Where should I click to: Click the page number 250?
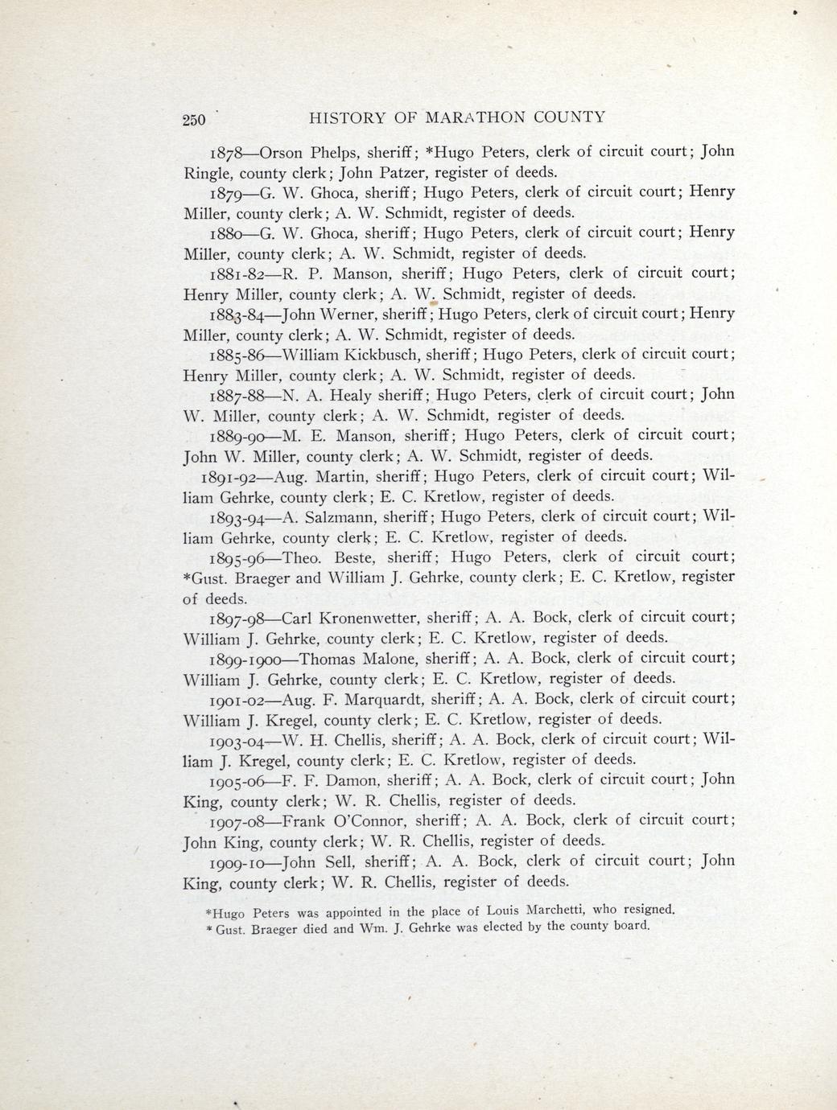195,120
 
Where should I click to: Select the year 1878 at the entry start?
225,152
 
